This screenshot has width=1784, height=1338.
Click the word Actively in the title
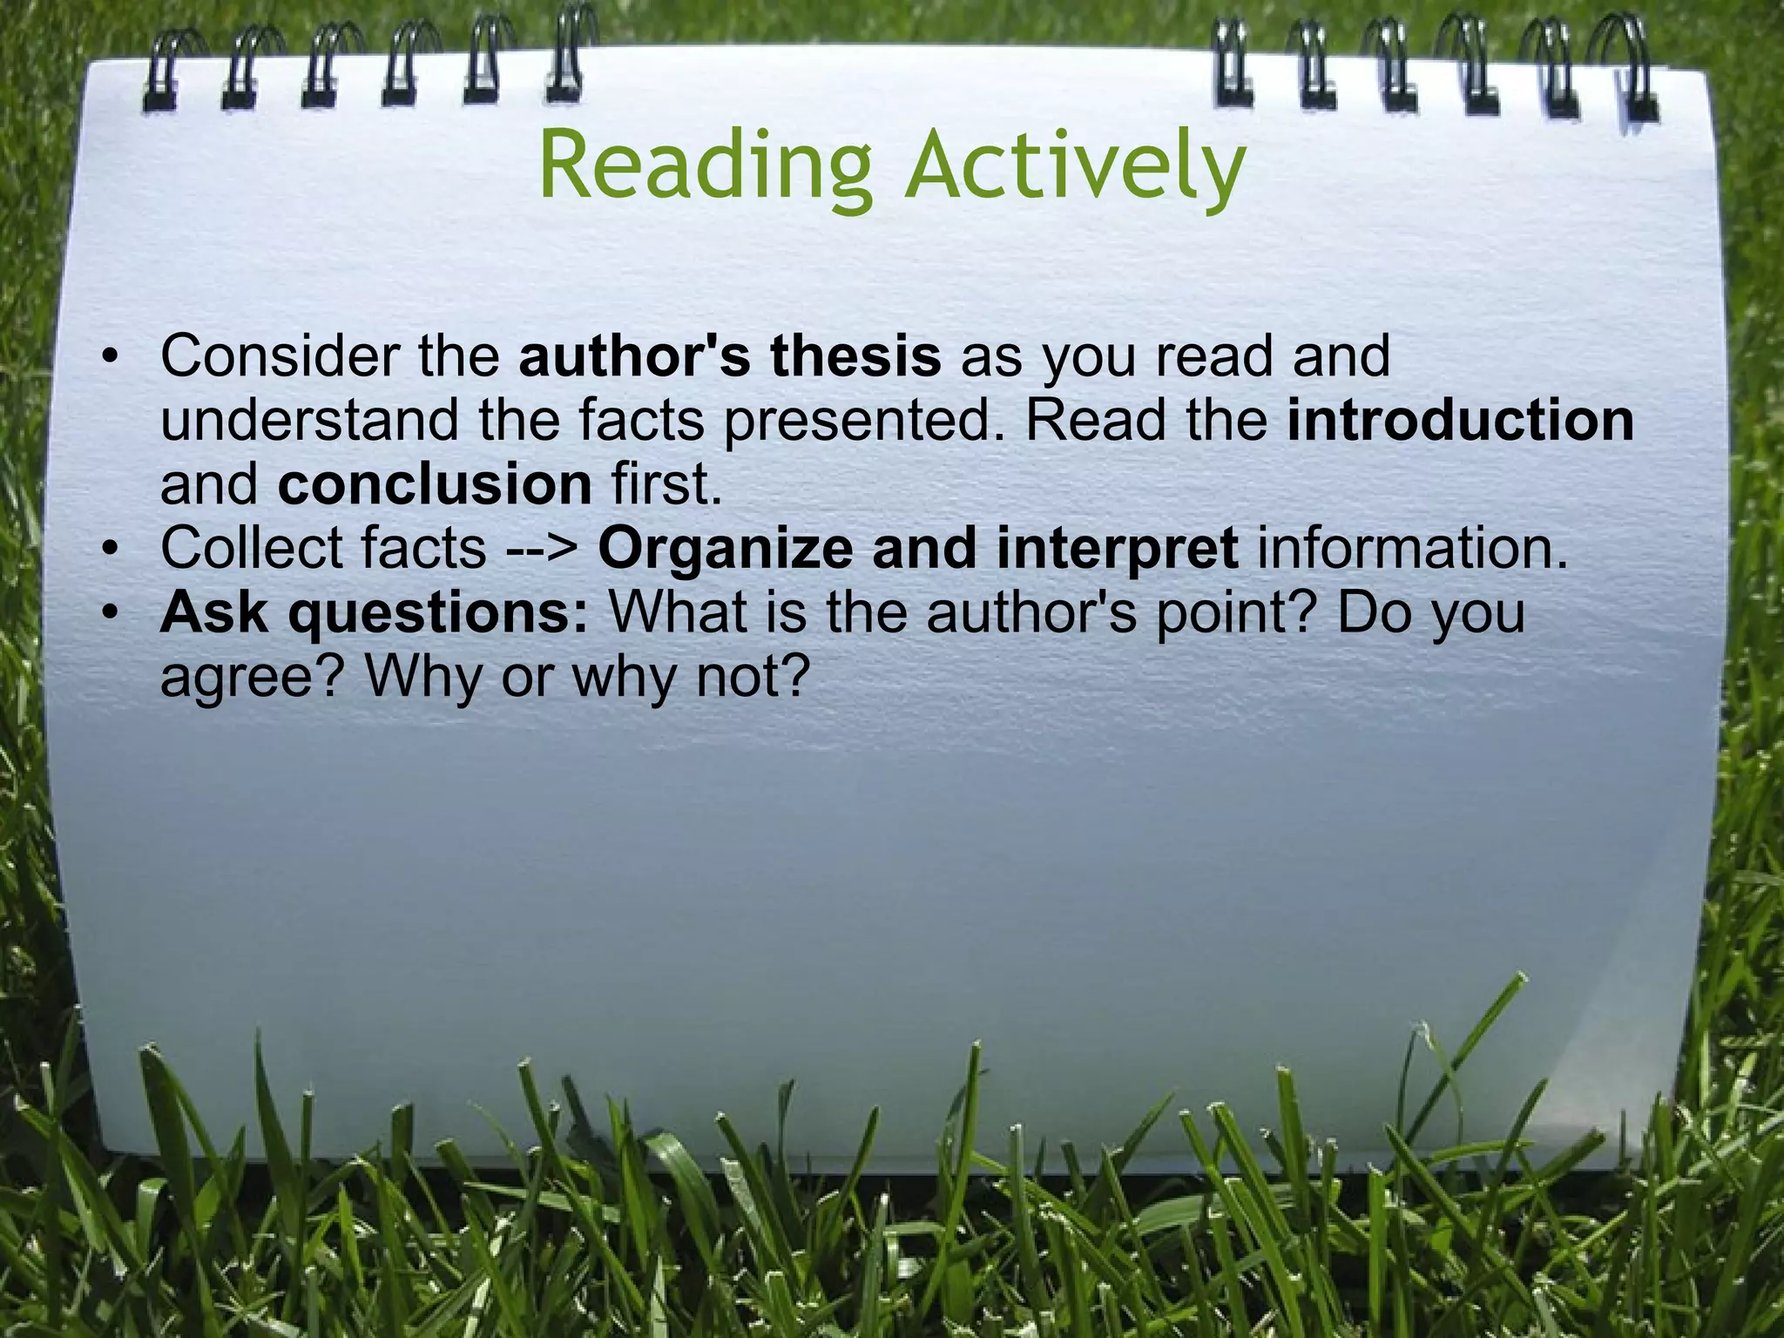coord(1073,166)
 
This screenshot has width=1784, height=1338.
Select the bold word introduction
coord(1460,420)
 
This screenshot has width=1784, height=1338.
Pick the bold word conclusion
coord(435,484)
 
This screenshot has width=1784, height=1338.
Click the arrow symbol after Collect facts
coord(542,549)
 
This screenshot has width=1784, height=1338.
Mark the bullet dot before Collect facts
coord(108,551)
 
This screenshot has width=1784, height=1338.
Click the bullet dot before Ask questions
coord(108,615)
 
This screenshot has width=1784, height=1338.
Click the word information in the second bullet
coord(1411,549)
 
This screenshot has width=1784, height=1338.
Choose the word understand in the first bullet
coord(309,420)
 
